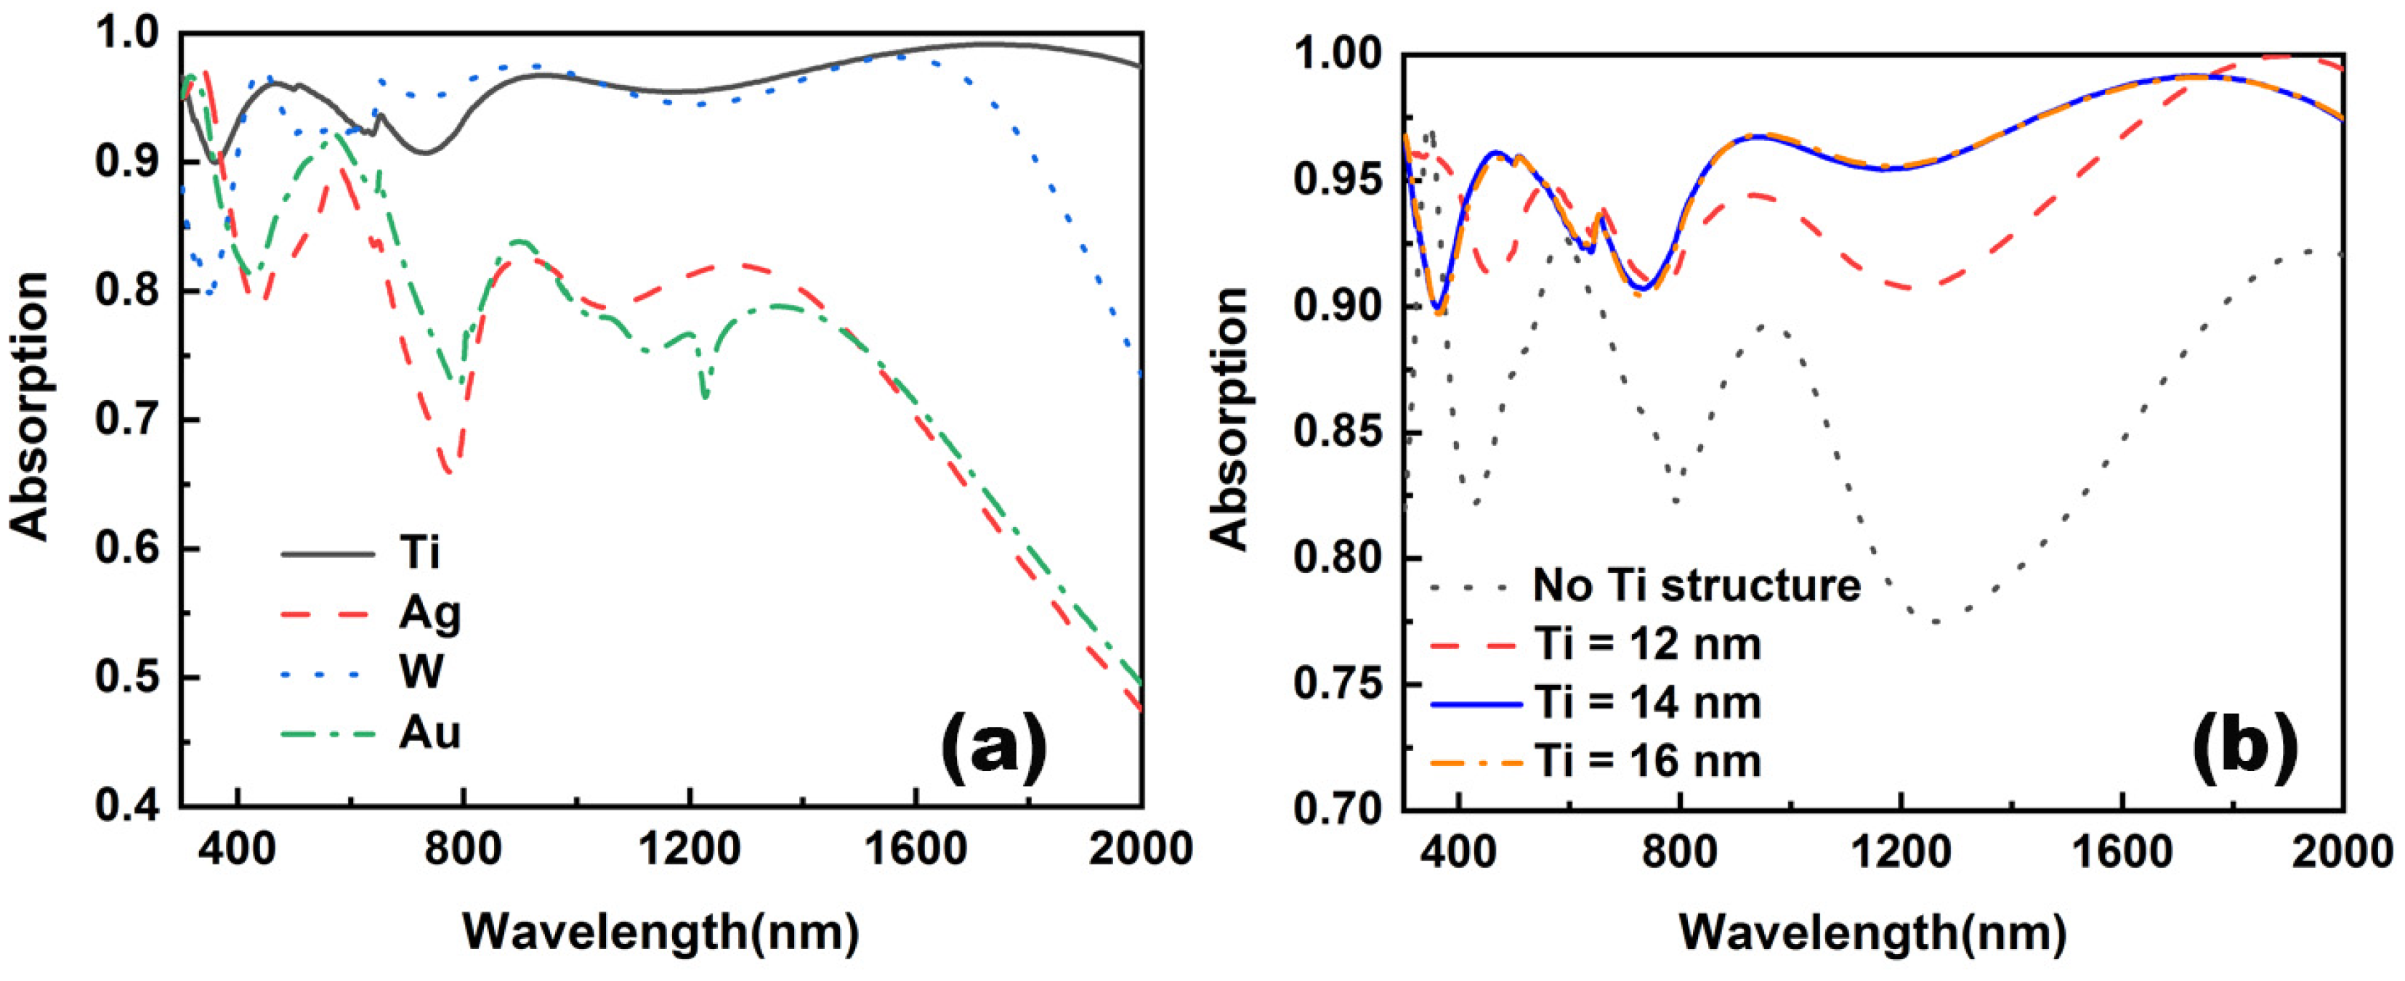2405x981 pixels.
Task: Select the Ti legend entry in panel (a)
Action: point(419,553)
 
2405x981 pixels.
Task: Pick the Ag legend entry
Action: point(429,614)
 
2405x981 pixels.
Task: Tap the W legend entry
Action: point(421,672)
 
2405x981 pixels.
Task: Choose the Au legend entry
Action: point(429,733)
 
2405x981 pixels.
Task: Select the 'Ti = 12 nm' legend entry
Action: point(1647,644)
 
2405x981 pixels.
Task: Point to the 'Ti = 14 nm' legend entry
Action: point(1647,702)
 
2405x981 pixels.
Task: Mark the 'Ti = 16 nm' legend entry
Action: point(1647,762)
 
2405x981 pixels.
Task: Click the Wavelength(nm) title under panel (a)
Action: point(661,931)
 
